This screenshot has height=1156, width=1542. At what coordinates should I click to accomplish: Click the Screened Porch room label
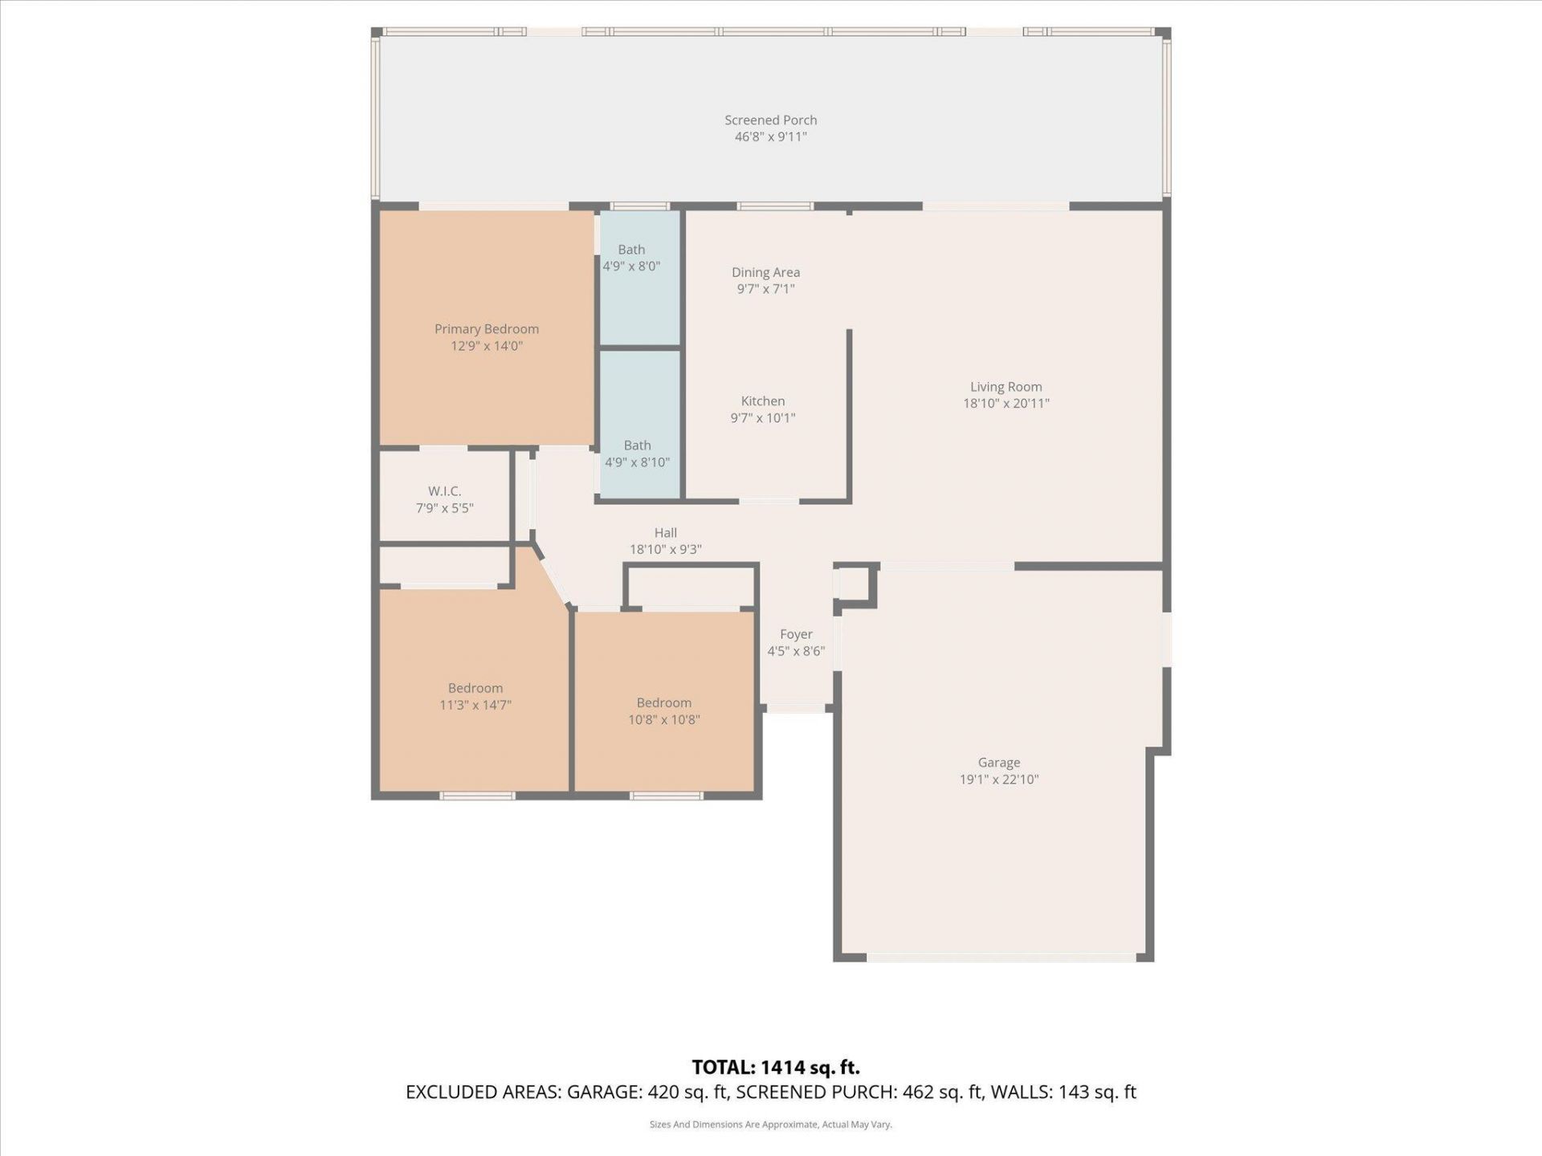pyautogui.click(x=770, y=120)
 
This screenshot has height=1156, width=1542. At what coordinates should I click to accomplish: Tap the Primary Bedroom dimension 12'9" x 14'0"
pyautogui.click(x=487, y=346)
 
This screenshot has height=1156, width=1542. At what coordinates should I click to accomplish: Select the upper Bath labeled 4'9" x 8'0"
pyautogui.click(x=632, y=258)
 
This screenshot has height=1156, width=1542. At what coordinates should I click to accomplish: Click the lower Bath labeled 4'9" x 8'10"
pyautogui.click(x=637, y=454)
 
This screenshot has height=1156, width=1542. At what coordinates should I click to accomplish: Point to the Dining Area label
pyautogui.click(x=765, y=273)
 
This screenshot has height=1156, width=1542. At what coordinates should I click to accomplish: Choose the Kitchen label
pyautogui.click(x=762, y=401)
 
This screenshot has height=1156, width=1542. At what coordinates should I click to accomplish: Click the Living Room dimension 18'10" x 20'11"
pyautogui.click(x=1006, y=404)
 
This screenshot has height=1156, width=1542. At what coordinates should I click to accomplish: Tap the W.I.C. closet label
pyautogui.click(x=444, y=491)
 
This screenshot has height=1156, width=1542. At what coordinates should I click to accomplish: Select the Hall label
pyautogui.click(x=665, y=533)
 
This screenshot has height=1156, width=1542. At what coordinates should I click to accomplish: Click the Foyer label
pyautogui.click(x=796, y=634)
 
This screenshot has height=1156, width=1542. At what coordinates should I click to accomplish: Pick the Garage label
pyautogui.click(x=998, y=763)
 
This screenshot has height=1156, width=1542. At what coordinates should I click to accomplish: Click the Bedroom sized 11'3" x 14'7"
pyautogui.click(x=475, y=697)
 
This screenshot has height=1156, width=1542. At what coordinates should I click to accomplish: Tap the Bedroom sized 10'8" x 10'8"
pyautogui.click(x=663, y=711)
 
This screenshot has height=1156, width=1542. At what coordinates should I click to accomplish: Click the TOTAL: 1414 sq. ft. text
pyautogui.click(x=775, y=1068)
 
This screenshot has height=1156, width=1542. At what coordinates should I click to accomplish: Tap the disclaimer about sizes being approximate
pyautogui.click(x=770, y=1125)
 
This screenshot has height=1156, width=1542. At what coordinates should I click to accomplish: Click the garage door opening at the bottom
pyautogui.click(x=1001, y=957)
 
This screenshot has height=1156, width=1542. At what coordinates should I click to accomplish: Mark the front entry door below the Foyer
pyautogui.click(x=796, y=710)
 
